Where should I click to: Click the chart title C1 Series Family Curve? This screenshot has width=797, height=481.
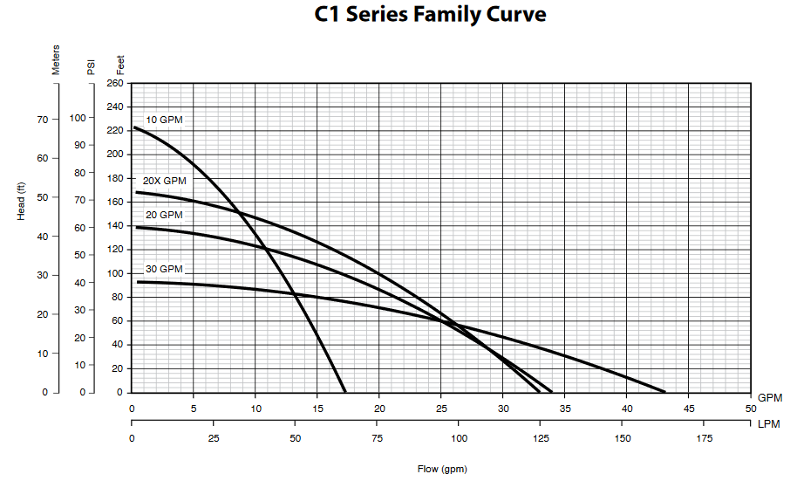click(431, 16)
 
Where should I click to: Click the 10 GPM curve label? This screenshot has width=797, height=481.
click(164, 120)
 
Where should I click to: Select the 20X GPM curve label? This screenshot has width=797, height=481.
click(164, 181)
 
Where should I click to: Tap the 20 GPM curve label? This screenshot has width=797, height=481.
click(164, 215)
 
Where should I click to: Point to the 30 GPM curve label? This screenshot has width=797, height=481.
click(164, 269)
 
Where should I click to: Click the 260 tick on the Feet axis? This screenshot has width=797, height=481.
click(115, 84)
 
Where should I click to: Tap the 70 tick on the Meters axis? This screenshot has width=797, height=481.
click(43, 119)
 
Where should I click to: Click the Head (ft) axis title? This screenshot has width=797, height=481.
click(22, 200)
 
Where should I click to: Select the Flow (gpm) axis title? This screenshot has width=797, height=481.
click(442, 469)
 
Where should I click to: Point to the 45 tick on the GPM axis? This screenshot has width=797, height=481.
click(688, 409)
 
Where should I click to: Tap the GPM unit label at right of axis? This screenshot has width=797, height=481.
click(770, 397)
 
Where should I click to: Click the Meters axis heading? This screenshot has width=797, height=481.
click(57, 60)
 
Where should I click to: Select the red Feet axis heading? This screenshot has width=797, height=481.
click(120, 65)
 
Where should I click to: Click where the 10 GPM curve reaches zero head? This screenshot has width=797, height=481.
click(345, 391)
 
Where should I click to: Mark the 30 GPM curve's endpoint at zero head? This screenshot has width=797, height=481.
click(664, 391)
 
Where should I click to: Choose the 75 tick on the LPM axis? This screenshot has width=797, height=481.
click(378, 438)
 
